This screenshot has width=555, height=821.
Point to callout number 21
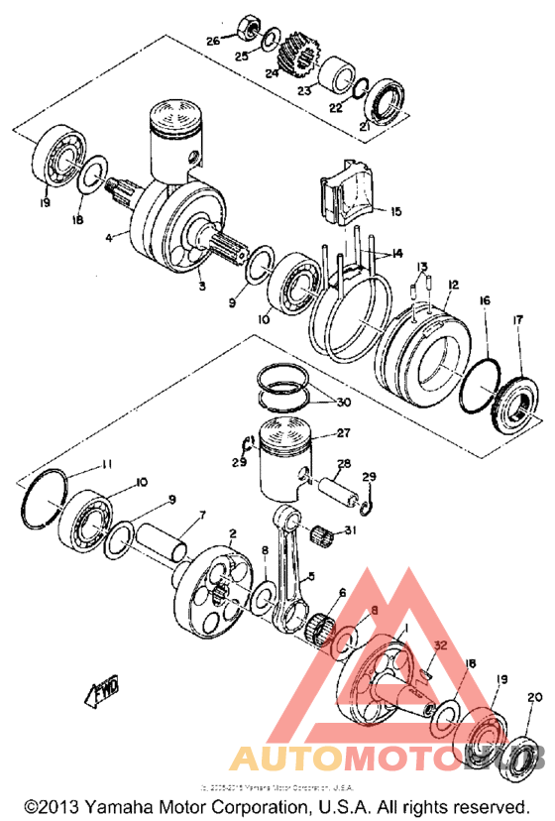(x=364, y=127)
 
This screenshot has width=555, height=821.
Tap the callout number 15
(x=395, y=212)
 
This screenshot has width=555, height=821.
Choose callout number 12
(x=452, y=285)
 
